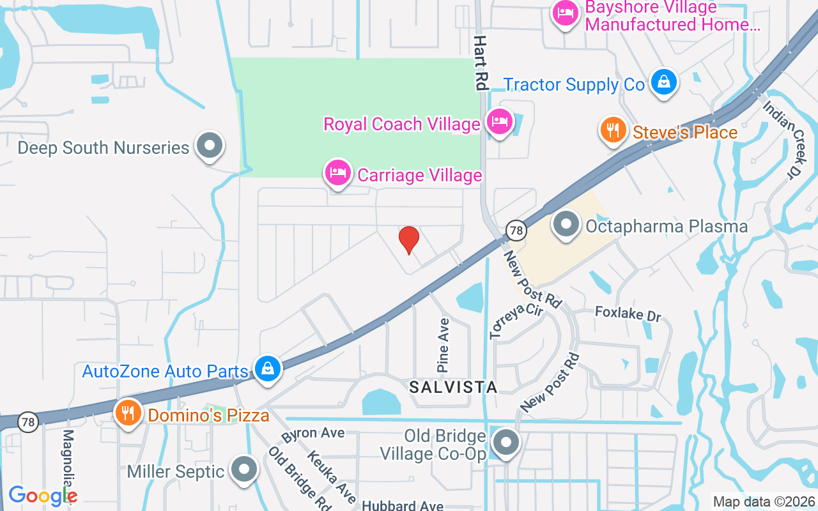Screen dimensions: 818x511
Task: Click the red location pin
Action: pyautogui.click(x=409, y=240)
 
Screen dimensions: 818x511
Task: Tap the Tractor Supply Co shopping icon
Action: pyautogui.click(x=665, y=83)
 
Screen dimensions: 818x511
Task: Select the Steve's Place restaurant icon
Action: pyautogui.click(x=613, y=130)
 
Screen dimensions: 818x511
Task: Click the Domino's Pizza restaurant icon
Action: pyautogui.click(x=128, y=413)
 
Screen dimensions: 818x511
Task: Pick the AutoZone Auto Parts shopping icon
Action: pyautogui.click(x=268, y=369)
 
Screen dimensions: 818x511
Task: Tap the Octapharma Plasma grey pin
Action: pyautogui.click(x=566, y=225)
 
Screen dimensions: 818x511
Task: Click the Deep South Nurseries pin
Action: pyautogui.click(x=209, y=146)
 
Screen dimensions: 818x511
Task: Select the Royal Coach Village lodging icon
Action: pyautogui.click(x=498, y=121)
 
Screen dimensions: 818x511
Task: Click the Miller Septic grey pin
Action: pyautogui.click(x=243, y=470)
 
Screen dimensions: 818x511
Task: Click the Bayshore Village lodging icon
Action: pyautogui.click(x=566, y=13)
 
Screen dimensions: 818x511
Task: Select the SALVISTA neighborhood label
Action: pyautogui.click(x=453, y=387)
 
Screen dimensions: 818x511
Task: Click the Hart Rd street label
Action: pyautogui.click(x=481, y=62)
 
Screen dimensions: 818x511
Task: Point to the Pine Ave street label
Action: pyautogui.click(x=443, y=345)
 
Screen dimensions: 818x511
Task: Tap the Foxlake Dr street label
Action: pyautogui.click(x=628, y=314)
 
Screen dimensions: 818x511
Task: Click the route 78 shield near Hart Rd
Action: pyautogui.click(x=516, y=229)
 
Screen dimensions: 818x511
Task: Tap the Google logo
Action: pyautogui.click(x=42, y=496)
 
